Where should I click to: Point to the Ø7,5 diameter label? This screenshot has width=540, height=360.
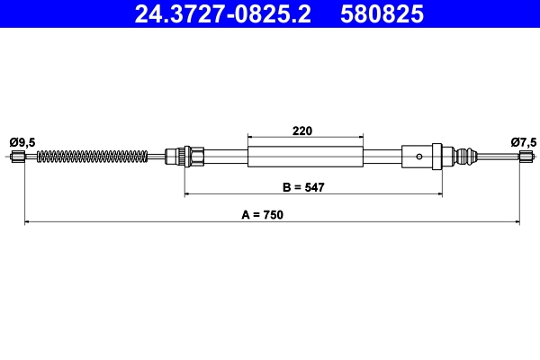[x=523, y=141]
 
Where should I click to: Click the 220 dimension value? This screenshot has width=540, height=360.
[x=302, y=130]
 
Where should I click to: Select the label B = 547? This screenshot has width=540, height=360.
[x=302, y=187]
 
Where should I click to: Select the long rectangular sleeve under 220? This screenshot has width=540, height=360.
[x=305, y=157]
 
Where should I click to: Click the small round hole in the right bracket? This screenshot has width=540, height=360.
[x=418, y=157]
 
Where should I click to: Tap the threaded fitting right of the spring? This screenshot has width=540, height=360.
[x=190, y=157]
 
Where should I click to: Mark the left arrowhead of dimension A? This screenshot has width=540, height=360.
[x=26, y=220]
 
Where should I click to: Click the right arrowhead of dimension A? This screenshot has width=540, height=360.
[x=517, y=220]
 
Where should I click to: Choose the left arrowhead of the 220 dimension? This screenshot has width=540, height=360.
[x=250, y=137]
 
